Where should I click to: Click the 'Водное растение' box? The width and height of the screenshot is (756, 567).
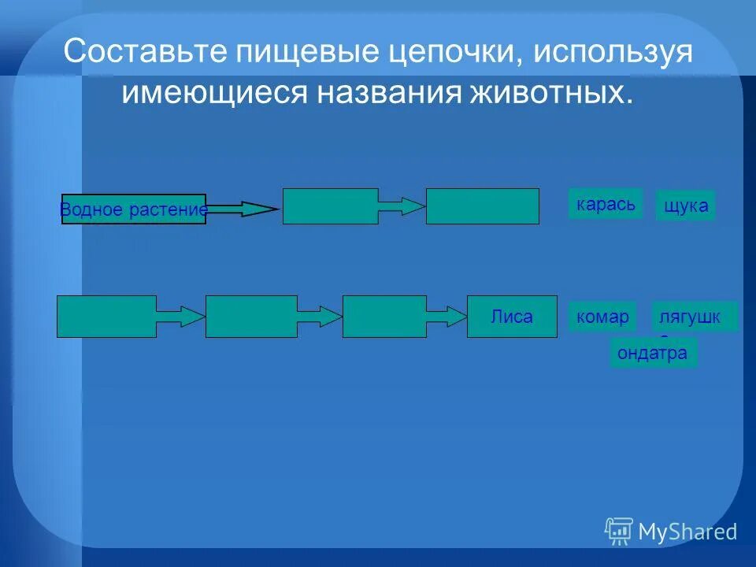(x=133, y=209)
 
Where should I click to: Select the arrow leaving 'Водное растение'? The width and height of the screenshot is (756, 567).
(x=242, y=209)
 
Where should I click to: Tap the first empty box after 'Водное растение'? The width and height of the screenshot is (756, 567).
(x=330, y=206)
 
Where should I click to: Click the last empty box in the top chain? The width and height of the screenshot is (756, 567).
(x=482, y=206)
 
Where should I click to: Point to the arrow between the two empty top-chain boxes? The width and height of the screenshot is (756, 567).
(x=402, y=206)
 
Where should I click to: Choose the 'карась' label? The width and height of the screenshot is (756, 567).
(x=605, y=204)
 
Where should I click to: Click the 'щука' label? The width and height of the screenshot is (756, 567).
(x=685, y=206)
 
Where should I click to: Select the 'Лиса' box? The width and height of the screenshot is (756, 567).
(x=512, y=317)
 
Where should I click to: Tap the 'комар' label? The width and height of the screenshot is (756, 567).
(x=602, y=317)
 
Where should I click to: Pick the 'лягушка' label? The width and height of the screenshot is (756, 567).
(x=695, y=317)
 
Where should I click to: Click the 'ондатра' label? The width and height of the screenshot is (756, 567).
(x=653, y=353)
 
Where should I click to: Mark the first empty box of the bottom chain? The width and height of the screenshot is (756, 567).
(x=106, y=317)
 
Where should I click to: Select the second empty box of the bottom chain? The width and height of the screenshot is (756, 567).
(x=251, y=317)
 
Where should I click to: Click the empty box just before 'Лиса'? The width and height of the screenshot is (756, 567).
(x=384, y=317)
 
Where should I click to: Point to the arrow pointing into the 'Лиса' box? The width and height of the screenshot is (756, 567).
(x=447, y=317)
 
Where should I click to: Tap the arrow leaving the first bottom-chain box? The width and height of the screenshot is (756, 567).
(x=180, y=317)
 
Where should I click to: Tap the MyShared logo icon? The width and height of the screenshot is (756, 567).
(x=619, y=532)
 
